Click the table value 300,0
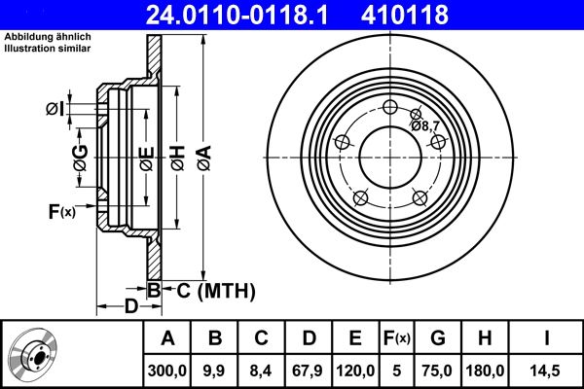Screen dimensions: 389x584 pyautogui.click(x=167, y=370)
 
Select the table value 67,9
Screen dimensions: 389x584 pyautogui.click(x=309, y=370)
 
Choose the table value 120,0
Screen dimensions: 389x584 pyautogui.click(x=355, y=370)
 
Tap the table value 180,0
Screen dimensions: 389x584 pyautogui.click(x=484, y=370)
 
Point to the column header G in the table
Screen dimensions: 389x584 pyautogui.click(x=438, y=338)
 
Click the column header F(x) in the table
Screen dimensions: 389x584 pyautogui.click(x=396, y=338)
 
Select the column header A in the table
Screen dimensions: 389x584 pyautogui.click(x=167, y=338)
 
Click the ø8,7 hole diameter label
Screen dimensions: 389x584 pyautogui.click(x=425, y=125)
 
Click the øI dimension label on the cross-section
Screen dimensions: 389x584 pyautogui.click(x=55, y=108)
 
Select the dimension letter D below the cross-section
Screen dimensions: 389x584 pyautogui.click(x=129, y=309)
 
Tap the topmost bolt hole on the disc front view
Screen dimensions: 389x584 pyautogui.click(x=391, y=108)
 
